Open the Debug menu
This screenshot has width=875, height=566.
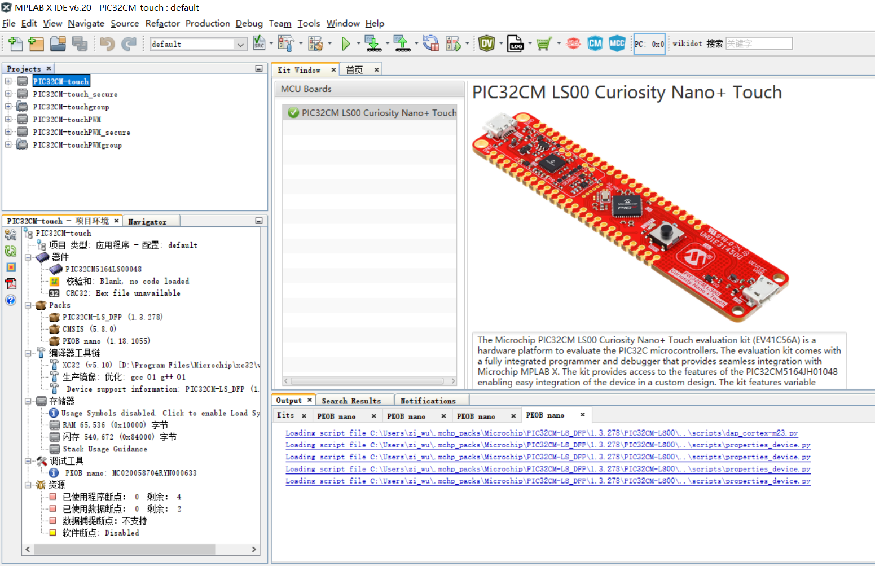[249, 24]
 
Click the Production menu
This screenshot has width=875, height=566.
[208, 24]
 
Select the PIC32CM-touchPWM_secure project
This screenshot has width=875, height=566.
[81, 133]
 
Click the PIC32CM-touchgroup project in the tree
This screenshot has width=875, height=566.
[71, 107]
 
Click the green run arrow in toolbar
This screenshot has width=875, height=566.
[345, 44]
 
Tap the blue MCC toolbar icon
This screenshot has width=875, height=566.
[617, 43]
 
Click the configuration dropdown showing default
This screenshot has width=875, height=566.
[198, 44]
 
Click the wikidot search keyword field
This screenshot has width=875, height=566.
[759, 43]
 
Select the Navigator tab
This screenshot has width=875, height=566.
[147, 221]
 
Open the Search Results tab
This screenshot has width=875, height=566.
[351, 401]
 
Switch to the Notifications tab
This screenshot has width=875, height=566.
[428, 401]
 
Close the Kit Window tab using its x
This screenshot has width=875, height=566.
[333, 69]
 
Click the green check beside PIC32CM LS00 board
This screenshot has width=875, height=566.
[293, 112]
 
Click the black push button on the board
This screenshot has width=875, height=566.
[667, 232]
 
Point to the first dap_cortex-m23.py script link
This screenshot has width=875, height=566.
[542, 433]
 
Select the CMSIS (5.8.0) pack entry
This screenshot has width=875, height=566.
[89, 329]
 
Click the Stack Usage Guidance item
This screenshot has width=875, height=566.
[105, 449]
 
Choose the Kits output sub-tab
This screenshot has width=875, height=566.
[285, 416]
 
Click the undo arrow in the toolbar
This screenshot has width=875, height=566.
[107, 44]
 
